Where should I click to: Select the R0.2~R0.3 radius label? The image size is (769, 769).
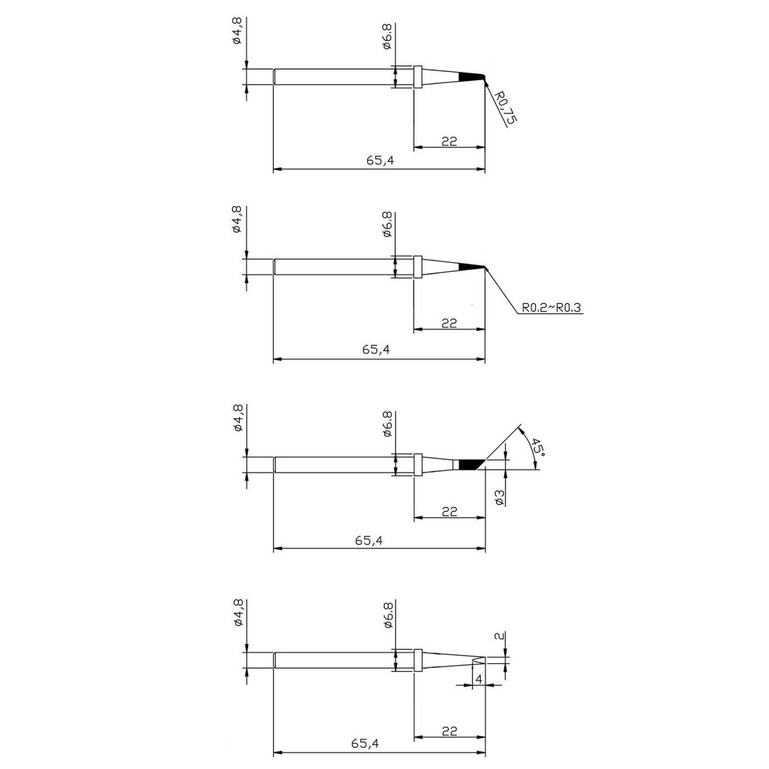551,308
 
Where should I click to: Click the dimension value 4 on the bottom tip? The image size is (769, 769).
478,679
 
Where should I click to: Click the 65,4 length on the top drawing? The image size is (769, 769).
379,161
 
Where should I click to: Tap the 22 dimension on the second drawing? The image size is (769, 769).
449,322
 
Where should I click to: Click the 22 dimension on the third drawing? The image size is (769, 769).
449,511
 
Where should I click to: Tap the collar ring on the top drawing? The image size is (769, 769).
417,77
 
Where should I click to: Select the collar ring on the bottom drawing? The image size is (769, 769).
417,660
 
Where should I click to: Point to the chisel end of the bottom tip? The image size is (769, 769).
479,660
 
